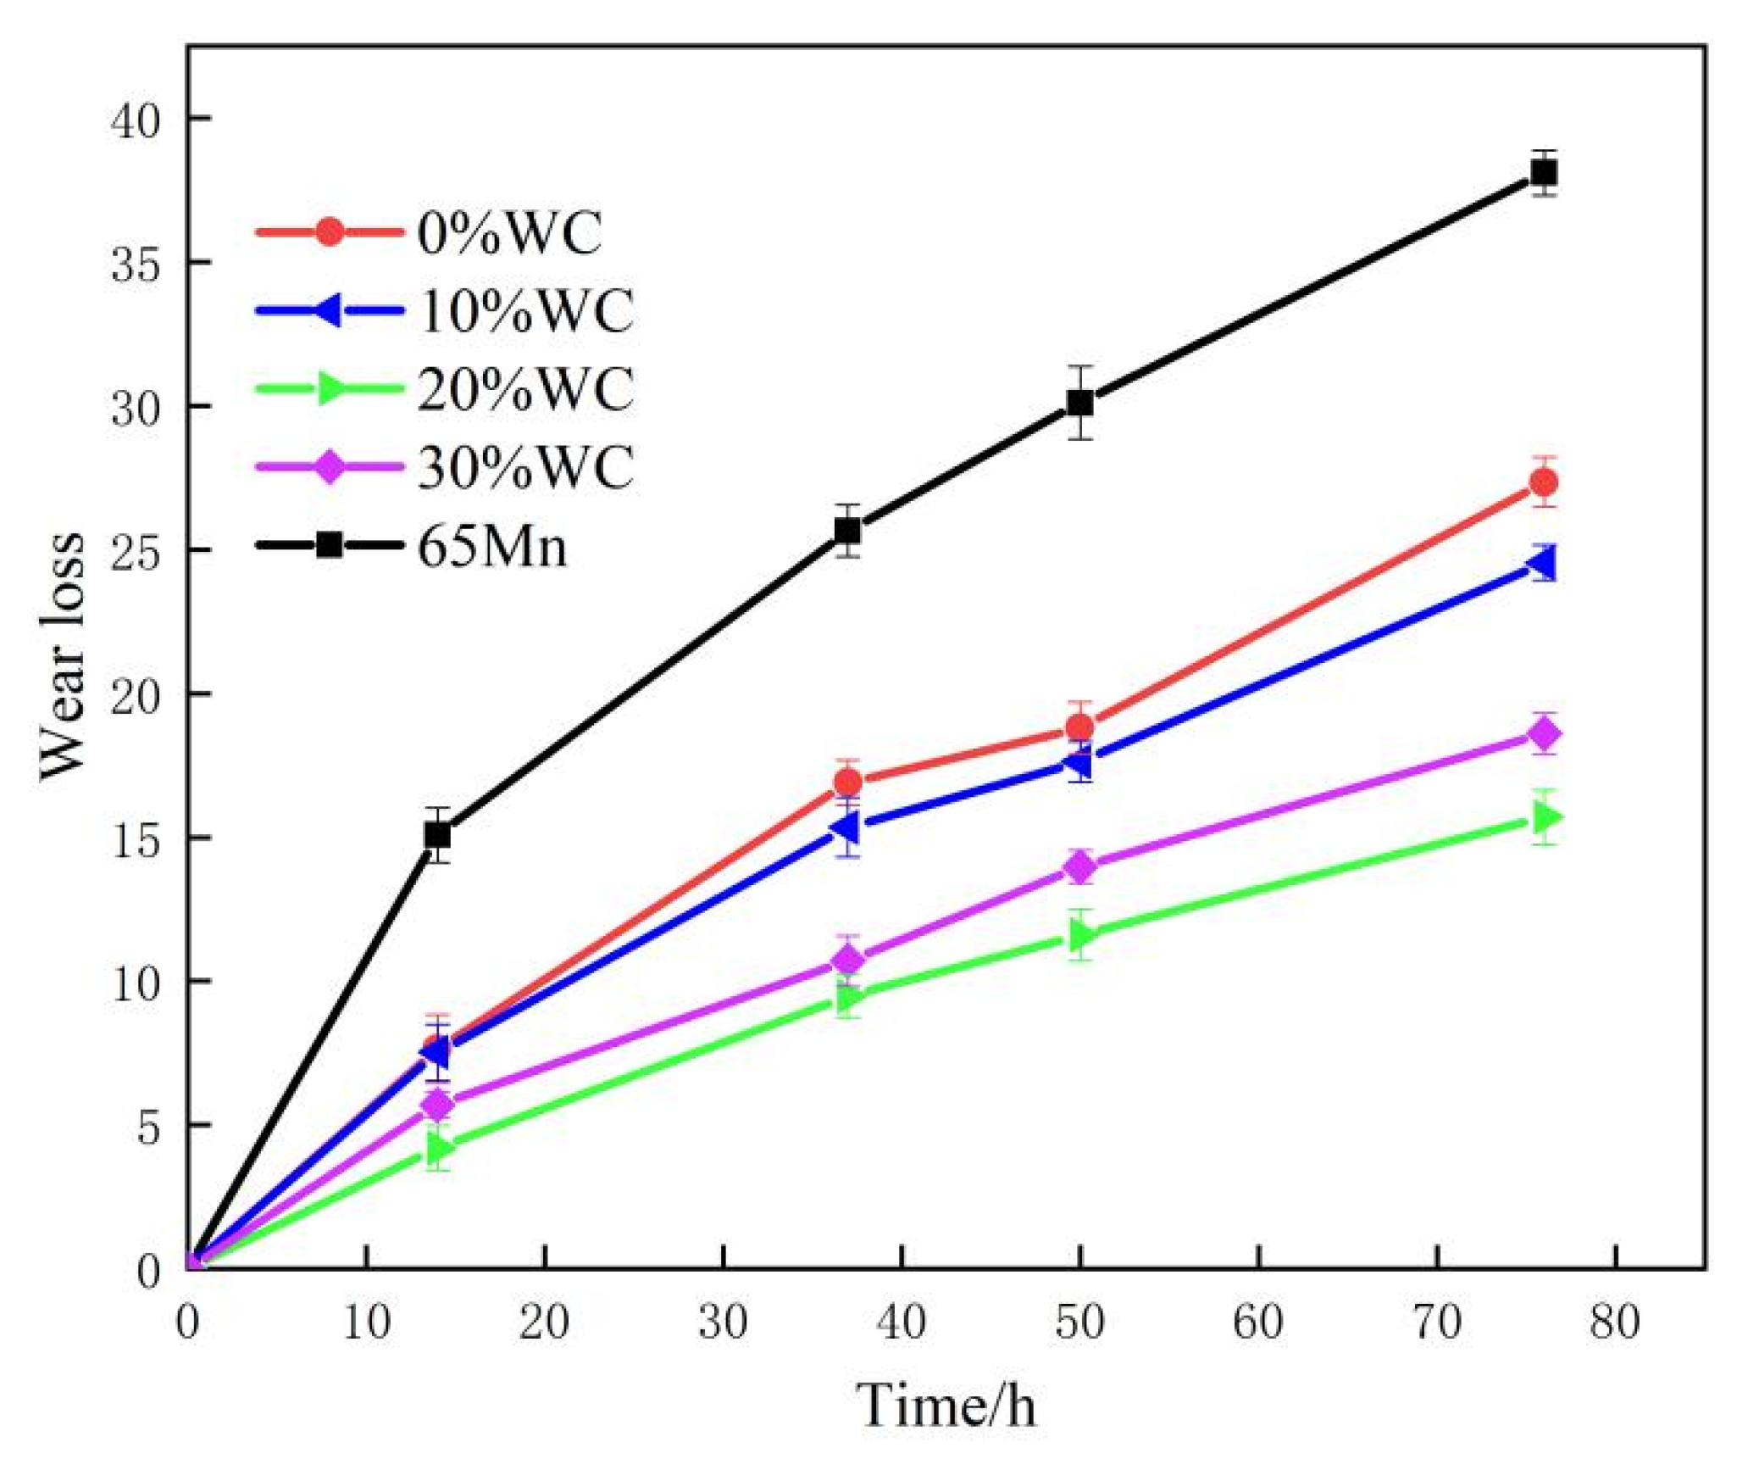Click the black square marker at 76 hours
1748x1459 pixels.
[1543, 173]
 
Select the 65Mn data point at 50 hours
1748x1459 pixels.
[1079, 403]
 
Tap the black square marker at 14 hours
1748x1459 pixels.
[437, 835]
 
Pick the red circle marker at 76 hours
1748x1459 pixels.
[1543, 482]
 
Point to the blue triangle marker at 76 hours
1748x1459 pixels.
[1541, 563]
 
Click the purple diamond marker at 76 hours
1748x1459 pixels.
[1543, 733]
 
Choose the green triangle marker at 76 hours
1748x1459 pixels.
[1545, 817]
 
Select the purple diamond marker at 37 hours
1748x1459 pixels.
[847, 960]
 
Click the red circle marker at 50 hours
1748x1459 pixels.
[1079, 727]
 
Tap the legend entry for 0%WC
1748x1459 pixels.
[509, 232]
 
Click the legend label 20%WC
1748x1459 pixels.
[525, 389]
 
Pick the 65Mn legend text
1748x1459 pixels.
[491, 546]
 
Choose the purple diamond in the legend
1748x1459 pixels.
[329, 466]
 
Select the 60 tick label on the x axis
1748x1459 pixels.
[1257, 1323]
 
